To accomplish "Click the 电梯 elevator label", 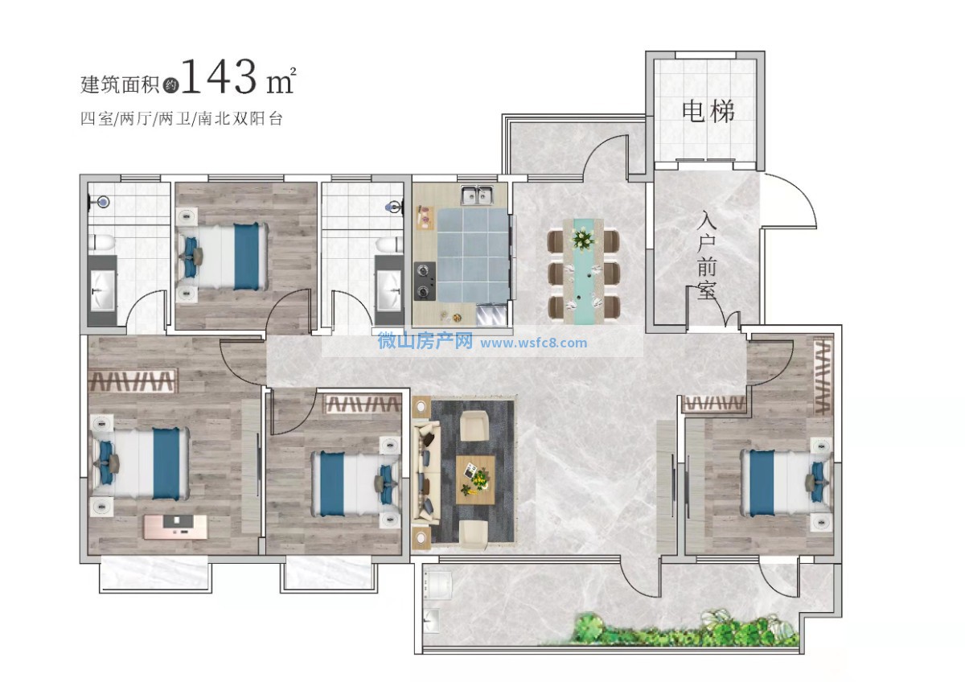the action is coord(708,112).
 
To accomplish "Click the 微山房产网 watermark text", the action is coord(425,341).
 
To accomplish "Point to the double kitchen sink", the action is coord(477,195).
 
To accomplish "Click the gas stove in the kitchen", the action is coord(425,281).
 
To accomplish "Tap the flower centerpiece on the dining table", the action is coord(583,238).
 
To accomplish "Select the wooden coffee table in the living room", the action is coord(475,479).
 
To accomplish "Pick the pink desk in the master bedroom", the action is coord(175,526).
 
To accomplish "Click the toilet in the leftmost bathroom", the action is coord(101,243).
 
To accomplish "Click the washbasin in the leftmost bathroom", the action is coord(103,290).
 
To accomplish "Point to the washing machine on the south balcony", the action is coord(437,585).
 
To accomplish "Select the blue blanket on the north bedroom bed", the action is coord(246,257).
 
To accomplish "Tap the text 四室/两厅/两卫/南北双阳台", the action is coord(182,118).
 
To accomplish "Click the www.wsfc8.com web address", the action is coord(533,343).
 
